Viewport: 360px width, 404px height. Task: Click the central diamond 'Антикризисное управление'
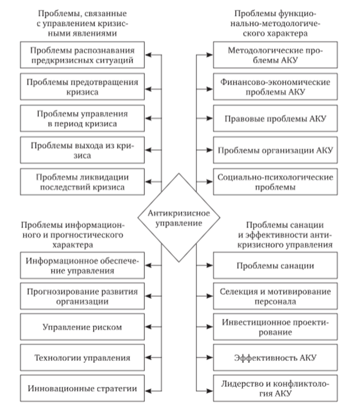178,218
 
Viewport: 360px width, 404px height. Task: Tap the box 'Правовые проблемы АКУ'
275,118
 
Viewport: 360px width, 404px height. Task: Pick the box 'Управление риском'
82,327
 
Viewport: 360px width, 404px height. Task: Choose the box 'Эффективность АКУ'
275,357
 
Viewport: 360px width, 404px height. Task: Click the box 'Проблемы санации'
275,265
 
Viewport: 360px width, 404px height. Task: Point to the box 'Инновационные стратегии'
82,388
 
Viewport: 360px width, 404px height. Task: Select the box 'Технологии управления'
82,357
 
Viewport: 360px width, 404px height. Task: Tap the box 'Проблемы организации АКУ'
275,150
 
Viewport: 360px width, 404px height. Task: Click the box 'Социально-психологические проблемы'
275,182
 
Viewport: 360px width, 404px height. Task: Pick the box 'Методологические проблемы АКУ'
275,55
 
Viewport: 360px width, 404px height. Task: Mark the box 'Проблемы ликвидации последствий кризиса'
82,182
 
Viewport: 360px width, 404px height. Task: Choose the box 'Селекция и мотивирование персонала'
275,297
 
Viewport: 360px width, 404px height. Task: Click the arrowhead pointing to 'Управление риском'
148,327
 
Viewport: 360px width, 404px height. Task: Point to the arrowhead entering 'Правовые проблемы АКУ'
210,118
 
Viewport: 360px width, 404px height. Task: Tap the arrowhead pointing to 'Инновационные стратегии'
148,388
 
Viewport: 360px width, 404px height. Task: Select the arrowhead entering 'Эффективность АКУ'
210,357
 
